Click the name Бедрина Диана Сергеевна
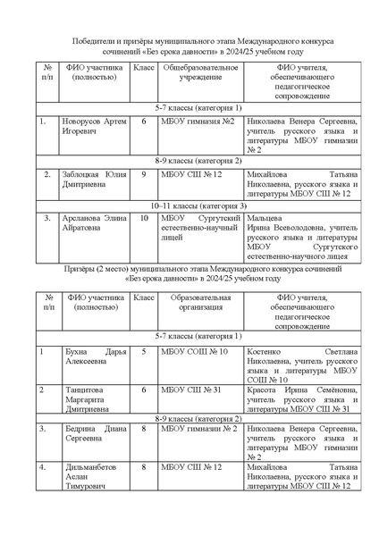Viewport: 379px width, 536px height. click(93, 437)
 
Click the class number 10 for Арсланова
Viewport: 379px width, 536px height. click(144, 217)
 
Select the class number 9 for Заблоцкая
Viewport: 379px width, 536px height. click(144, 175)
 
